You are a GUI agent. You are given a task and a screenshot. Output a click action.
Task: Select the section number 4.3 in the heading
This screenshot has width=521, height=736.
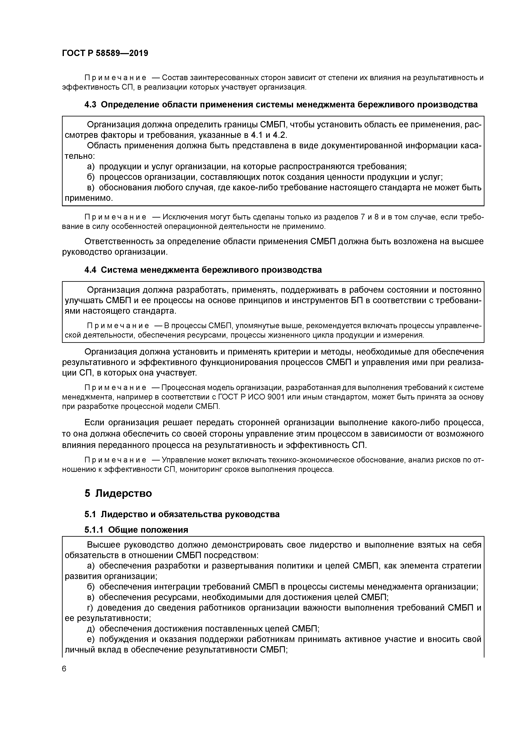tap(90, 105)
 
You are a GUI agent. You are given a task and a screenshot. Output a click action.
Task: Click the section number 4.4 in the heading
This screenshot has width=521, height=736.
tap(90, 270)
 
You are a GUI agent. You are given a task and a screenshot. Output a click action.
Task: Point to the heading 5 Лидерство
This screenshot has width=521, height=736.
tap(118, 493)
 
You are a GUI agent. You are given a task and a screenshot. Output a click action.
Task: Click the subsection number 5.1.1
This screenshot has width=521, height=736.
tap(94, 530)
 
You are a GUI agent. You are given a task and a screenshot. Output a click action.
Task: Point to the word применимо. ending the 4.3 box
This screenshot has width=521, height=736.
tap(89, 198)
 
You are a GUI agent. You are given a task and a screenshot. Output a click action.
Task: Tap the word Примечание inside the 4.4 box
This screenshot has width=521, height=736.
tap(118, 326)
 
